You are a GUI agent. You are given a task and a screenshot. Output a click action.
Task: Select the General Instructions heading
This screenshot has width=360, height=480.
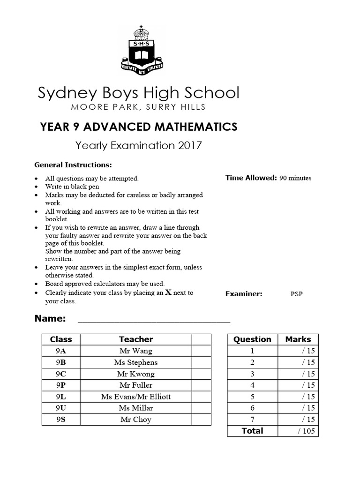[73, 165]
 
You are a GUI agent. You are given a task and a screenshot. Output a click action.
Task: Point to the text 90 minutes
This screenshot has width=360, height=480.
[295, 178]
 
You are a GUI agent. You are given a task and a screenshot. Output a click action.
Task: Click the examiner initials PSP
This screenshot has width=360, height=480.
[296, 294]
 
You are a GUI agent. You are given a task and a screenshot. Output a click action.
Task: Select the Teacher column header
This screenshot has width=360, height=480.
[136, 339]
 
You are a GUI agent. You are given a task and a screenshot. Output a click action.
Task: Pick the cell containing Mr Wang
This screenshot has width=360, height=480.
[136, 351]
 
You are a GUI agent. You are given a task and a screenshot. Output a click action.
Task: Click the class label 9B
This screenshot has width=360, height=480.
[61, 362]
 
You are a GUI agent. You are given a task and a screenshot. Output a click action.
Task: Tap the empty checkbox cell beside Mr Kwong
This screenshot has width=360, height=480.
[201, 374]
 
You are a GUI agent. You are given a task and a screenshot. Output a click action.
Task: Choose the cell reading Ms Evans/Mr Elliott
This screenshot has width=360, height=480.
[136, 397]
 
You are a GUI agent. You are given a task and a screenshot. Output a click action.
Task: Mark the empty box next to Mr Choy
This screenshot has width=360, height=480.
[201, 420]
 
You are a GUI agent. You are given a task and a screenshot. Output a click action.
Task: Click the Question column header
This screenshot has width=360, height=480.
[252, 339]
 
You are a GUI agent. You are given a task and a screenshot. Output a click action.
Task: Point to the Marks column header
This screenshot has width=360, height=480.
[298, 339]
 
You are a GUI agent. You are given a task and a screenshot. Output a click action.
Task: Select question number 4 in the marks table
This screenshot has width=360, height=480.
[252, 385]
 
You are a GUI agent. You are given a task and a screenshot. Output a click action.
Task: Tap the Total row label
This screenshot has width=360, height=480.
[252, 431]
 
